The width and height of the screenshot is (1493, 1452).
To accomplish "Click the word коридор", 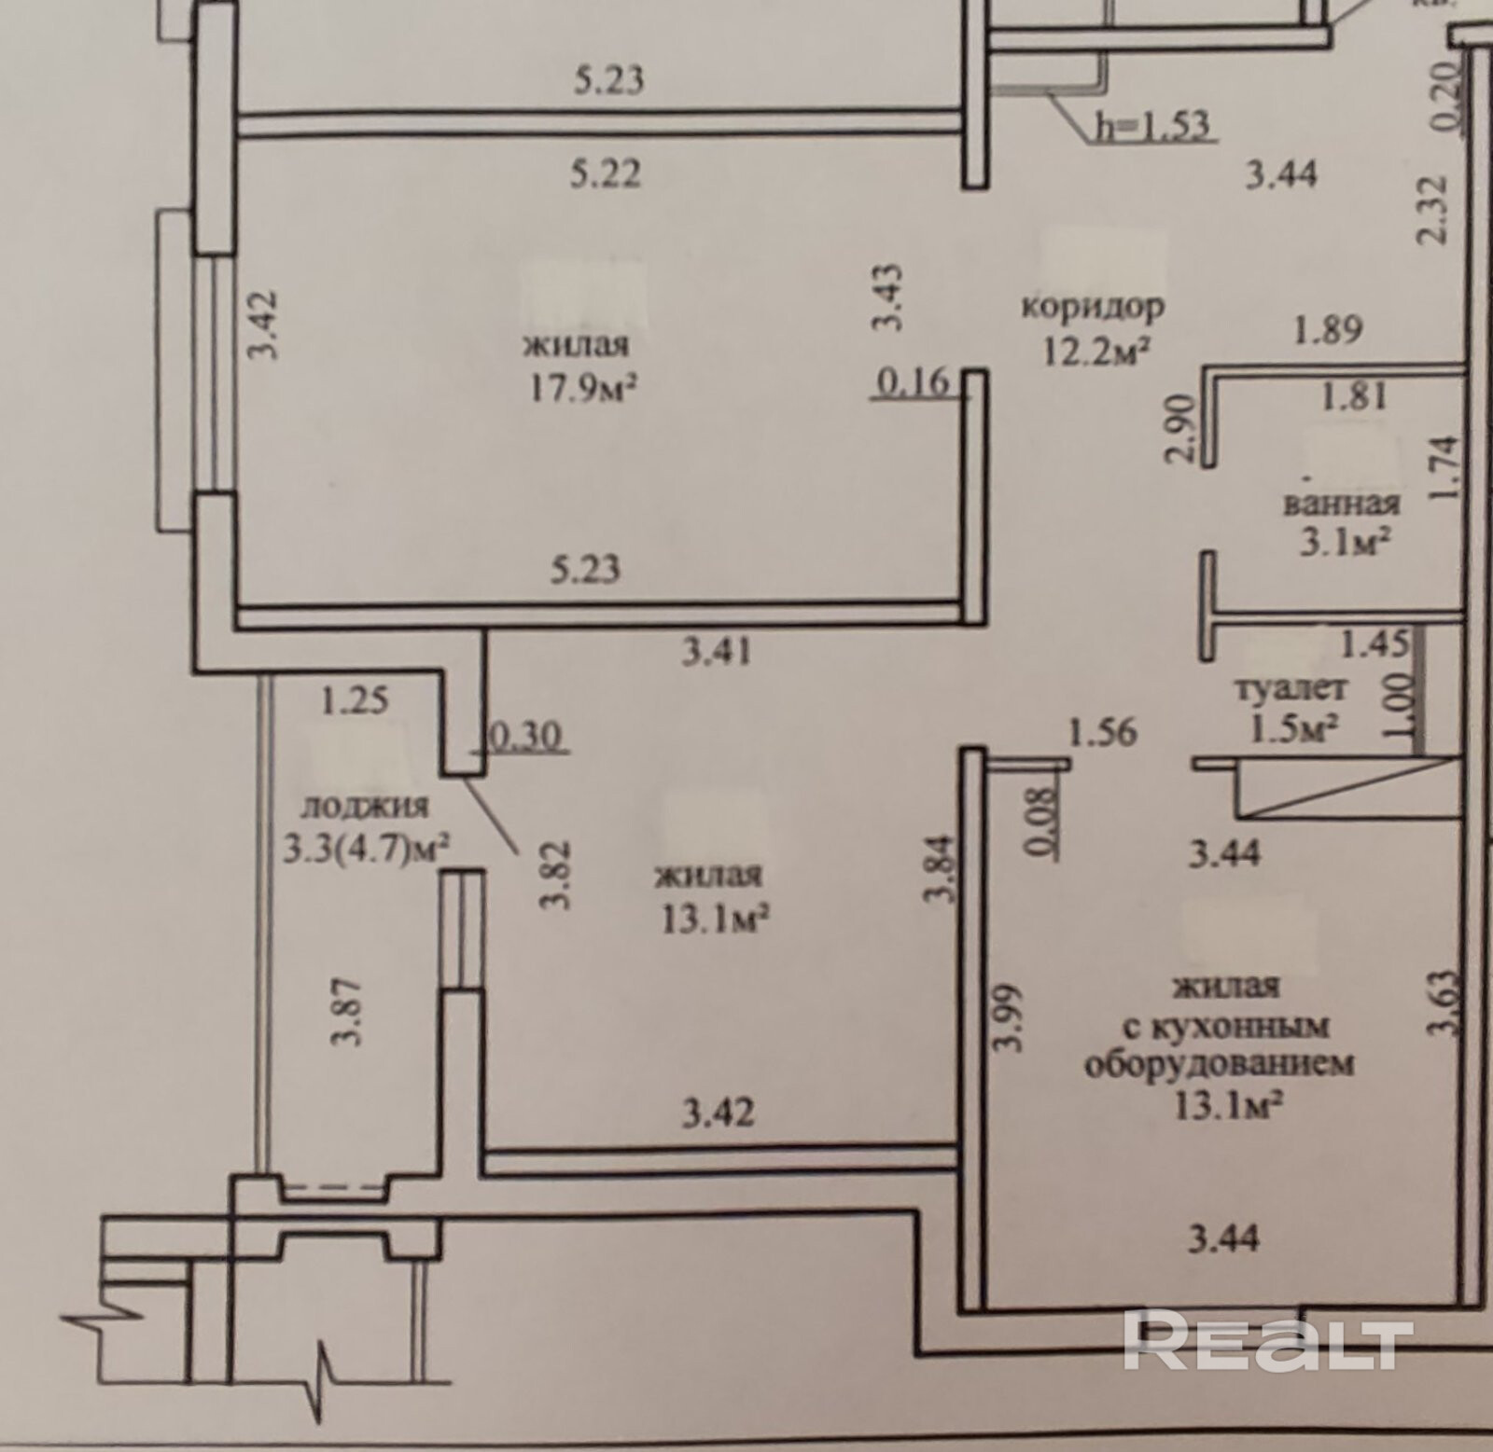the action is click(x=1094, y=307).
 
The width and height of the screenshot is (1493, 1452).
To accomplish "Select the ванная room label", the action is click(x=1342, y=504).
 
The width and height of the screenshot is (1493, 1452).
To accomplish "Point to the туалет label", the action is click(x=1292, y=689).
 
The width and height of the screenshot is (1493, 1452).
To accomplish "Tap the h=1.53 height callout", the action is click(x=1152, y=124).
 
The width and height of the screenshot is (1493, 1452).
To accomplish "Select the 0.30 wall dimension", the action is click(x=524, y=738).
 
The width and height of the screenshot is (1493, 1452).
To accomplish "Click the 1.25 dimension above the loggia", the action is click(x=355, y=700).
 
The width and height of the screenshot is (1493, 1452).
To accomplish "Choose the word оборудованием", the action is click(x=1219, y=1064).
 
